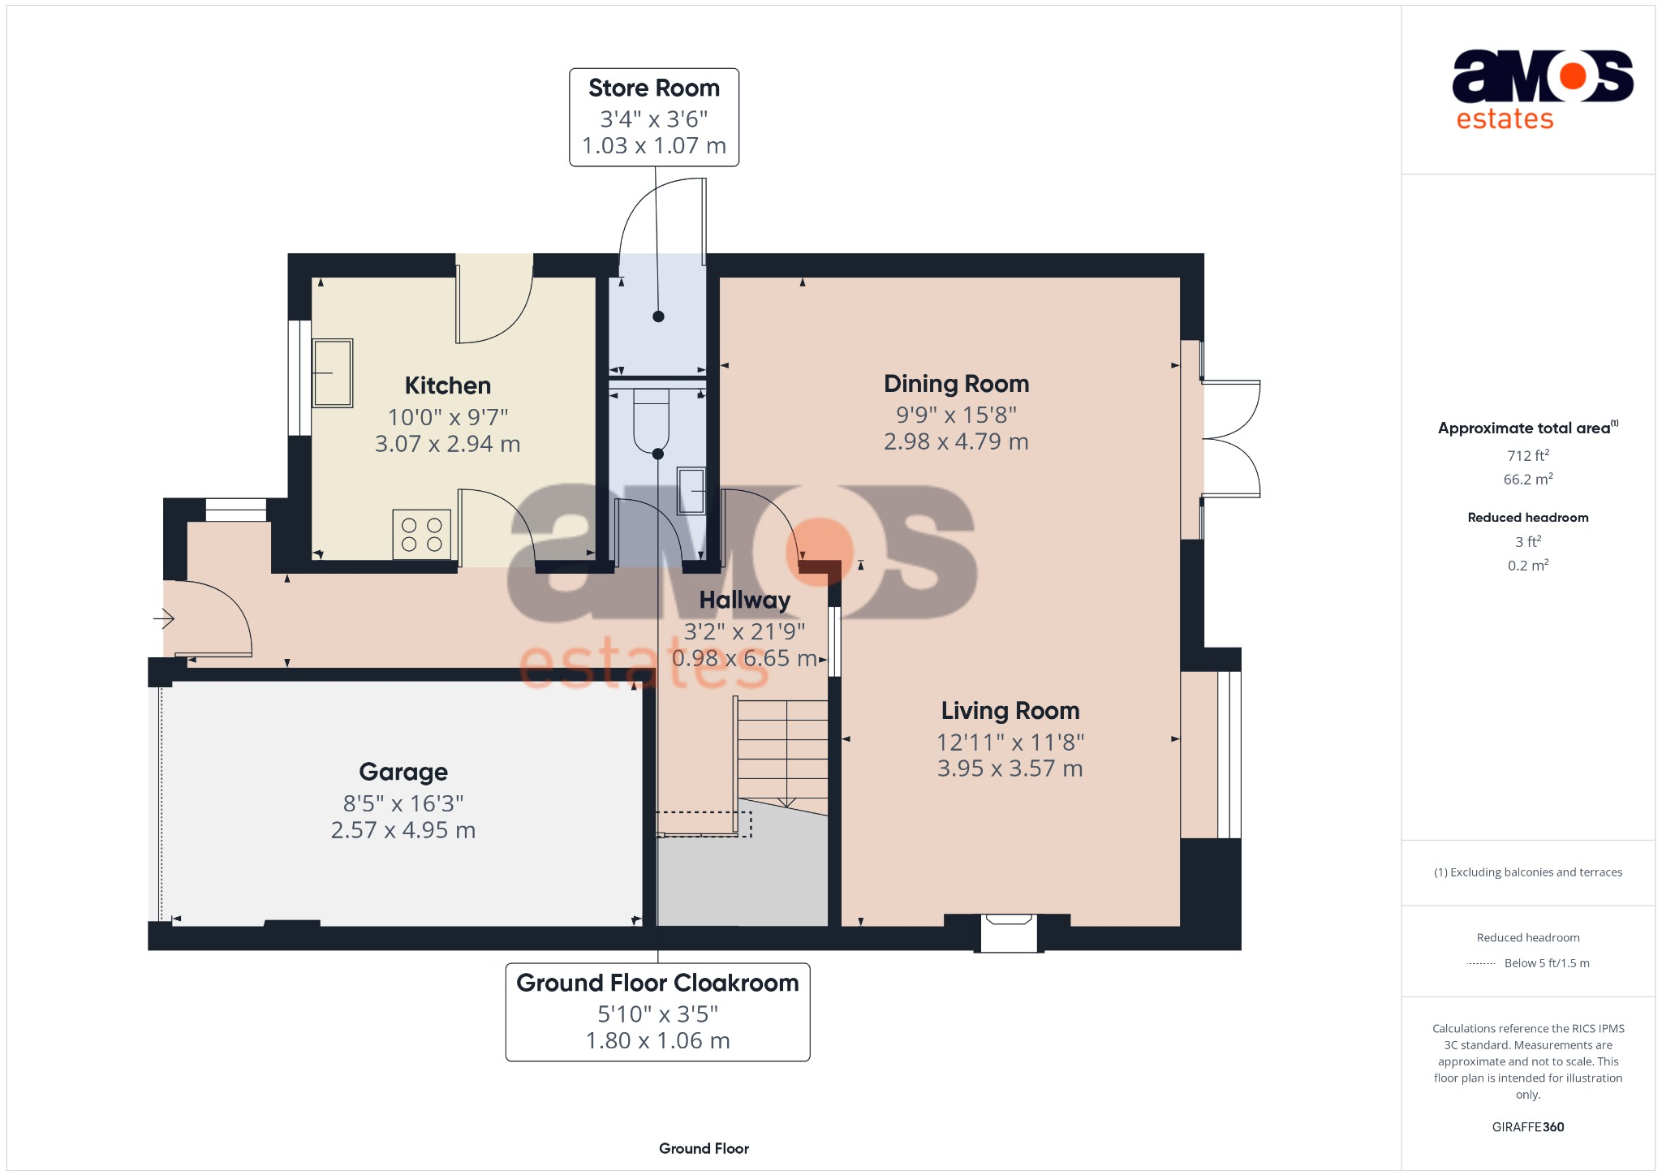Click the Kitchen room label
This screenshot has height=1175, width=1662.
447,385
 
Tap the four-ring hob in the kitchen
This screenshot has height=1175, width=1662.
421,535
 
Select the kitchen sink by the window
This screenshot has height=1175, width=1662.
333,372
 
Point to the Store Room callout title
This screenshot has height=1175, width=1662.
653,88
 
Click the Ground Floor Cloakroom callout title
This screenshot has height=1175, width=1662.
657,983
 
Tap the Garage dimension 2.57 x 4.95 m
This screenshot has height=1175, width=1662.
403,830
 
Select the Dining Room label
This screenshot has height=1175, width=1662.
956,384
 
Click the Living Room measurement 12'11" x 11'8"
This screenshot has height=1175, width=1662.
1010,742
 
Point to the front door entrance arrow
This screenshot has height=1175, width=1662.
164,619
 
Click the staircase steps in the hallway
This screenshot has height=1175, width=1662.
782,751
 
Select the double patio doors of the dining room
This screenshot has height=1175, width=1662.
1230,439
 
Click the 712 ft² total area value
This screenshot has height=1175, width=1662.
1527,455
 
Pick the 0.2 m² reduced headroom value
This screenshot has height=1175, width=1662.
1527,566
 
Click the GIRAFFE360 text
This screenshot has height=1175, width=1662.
1527,1127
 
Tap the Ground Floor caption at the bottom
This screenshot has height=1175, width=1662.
704,1148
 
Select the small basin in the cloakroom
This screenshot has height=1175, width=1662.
691,491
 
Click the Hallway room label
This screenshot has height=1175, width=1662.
744,600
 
